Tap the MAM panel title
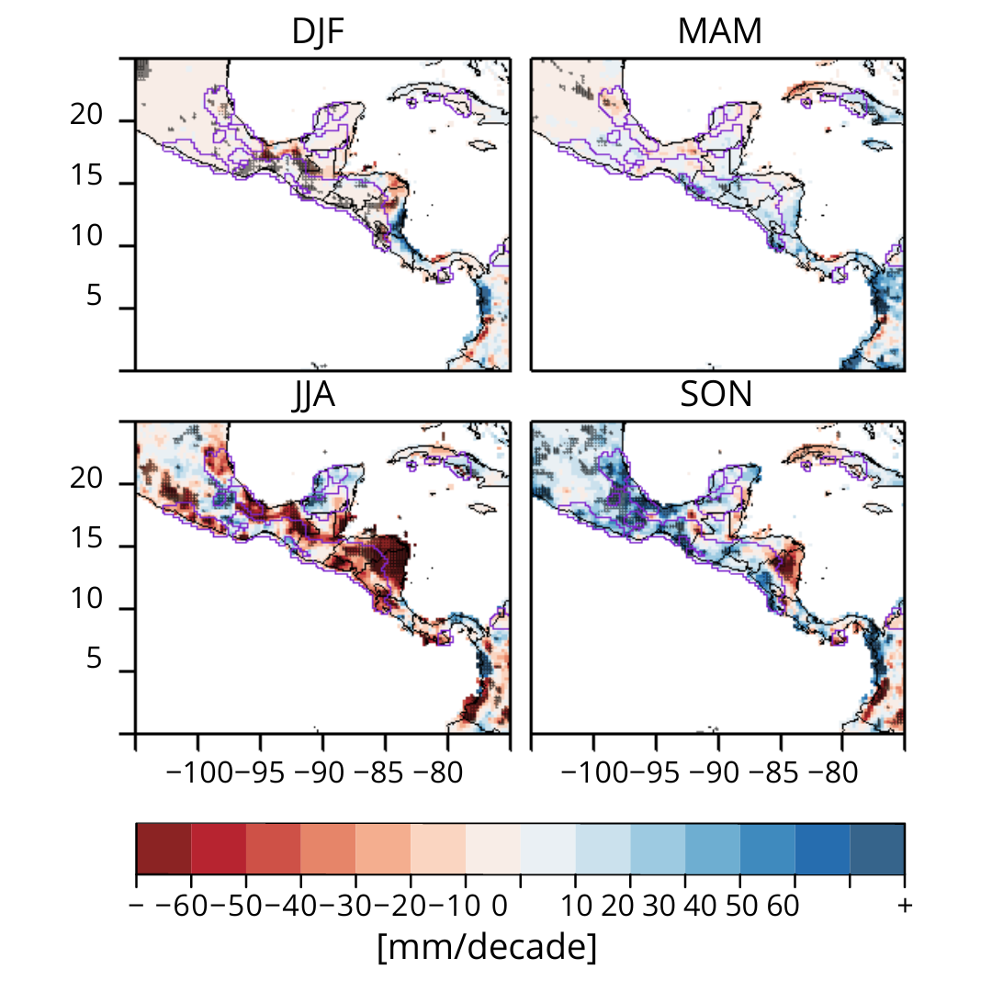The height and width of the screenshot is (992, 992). [719, 32]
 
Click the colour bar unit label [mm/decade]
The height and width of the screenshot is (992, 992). [487, 947]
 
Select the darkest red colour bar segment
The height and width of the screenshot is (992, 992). [163, 849]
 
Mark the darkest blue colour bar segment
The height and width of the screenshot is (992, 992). [877, 849]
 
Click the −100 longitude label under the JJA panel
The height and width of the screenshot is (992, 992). [205, 772]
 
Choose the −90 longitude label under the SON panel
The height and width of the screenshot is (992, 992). [718, 772]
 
